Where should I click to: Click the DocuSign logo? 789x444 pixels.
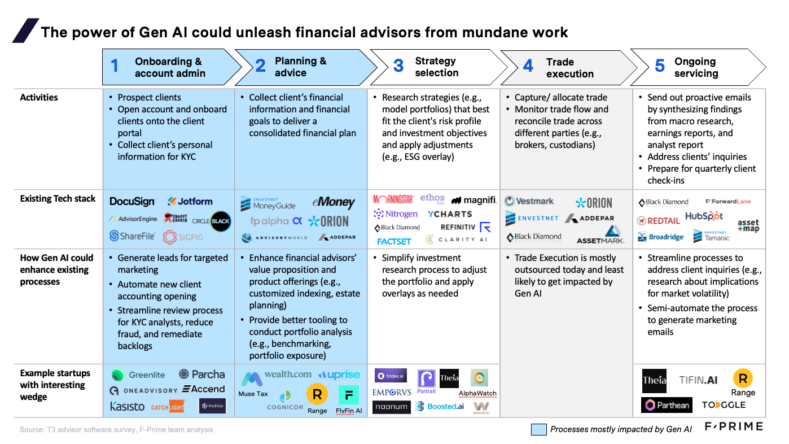pos(132,202)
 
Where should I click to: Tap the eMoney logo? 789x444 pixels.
pos(334,202)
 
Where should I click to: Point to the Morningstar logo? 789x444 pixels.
pos(393,199)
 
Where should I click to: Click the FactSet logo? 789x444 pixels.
pos(394,241)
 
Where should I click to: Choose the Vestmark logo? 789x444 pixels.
pos(529,201)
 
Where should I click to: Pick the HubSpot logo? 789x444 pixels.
pos(704,216)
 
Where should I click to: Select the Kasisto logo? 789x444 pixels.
pos(127,407)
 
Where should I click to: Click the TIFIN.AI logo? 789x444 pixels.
pos(698,380)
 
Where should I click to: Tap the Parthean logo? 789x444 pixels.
pos(667,405)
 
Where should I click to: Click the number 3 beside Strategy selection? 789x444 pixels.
pos(398,66)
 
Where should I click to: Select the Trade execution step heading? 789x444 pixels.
pos(569,68)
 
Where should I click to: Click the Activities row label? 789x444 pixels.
pos(39,98)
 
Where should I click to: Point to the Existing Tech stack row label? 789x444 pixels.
pos(58,199)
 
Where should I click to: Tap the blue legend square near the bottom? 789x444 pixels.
pos(538,429)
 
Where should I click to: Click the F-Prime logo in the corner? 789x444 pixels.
pos(733,426)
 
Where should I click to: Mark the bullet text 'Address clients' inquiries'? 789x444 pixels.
pos(697,157)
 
